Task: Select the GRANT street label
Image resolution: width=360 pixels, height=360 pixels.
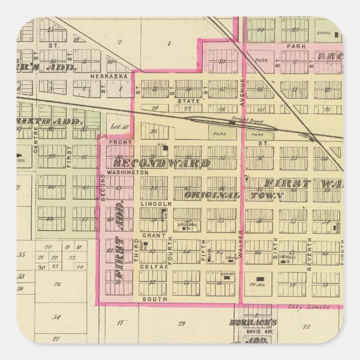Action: [x=151, y=235]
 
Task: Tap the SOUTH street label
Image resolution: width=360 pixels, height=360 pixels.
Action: [x=151, y=299]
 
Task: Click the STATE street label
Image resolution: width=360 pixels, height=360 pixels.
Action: [x=186, y=101]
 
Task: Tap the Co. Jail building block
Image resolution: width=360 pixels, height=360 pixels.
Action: [x=259, y=279]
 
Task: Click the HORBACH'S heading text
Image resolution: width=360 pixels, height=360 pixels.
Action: [x=253, y=323]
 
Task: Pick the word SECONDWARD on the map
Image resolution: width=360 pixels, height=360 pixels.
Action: [x=162, y=163]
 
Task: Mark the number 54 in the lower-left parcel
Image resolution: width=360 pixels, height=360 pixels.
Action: [x=56, y=317]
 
